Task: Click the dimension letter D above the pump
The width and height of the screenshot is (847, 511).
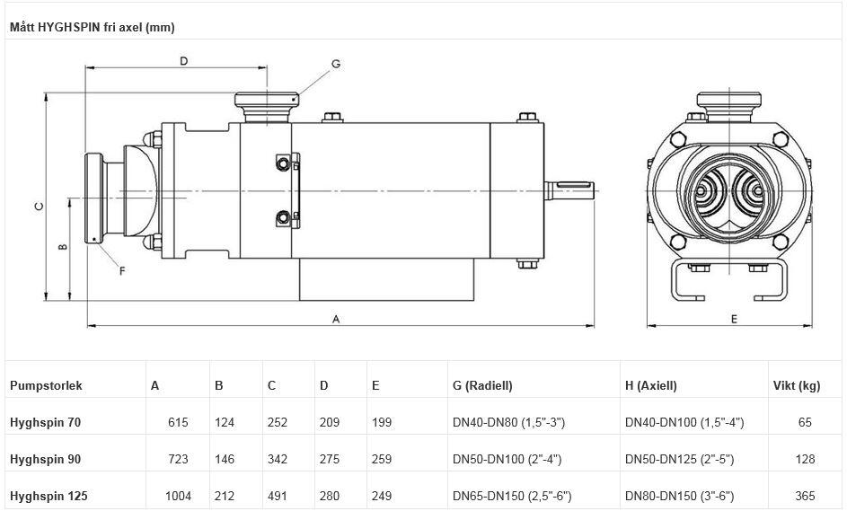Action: (183, 61)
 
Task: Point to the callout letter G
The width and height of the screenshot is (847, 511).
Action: (335, 64)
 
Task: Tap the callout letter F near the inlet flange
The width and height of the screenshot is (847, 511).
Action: (122, 270)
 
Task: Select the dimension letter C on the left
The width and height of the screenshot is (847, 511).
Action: (38, 206)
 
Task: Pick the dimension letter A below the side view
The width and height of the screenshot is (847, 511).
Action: (336, 318)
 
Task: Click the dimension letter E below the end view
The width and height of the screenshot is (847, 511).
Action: (734, 318)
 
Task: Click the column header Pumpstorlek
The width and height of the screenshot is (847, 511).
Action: (46, 385)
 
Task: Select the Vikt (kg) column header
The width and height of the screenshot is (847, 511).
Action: (797, 385)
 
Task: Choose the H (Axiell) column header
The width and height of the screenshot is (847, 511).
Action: (650, 385)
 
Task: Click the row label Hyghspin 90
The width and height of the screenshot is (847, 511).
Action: (45, 459)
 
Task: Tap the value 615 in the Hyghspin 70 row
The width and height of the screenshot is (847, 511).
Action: (178, 422)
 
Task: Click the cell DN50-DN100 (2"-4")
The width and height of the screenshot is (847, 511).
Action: (507, 459)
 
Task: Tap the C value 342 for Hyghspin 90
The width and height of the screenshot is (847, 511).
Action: (278, 459)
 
